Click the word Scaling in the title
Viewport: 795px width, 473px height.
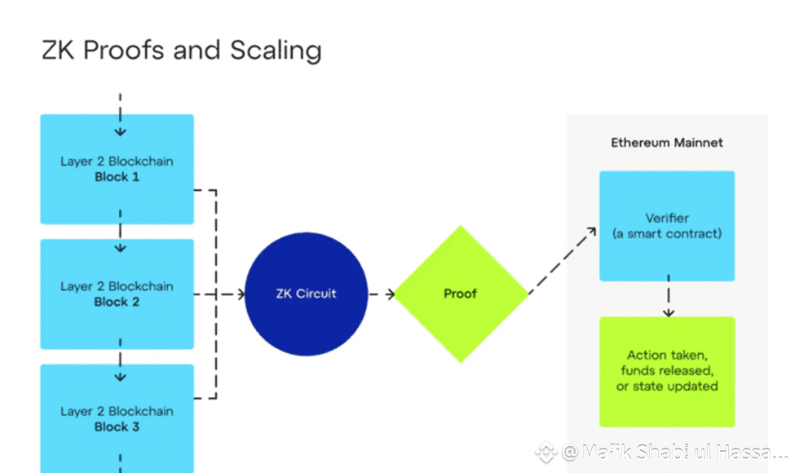(x=276, y=51)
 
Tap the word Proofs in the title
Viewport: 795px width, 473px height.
(x=124, y=51)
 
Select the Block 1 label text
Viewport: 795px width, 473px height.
(x=117, y=177)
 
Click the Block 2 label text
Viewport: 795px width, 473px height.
(x=117, y=303)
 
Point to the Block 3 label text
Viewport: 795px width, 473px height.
(x=117, y=427)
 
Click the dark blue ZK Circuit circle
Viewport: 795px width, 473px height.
(x=307, y=294)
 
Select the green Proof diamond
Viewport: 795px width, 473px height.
(x=461, y=294)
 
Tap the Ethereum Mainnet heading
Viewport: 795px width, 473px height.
(x=667, y=143)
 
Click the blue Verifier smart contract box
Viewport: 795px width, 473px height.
(x=667, y=226)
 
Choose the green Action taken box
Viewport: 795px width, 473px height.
(x=667, y=372)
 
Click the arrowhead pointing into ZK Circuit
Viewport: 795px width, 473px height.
(x=241, y=294)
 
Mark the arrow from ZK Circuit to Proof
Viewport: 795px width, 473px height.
(x=382, y=294)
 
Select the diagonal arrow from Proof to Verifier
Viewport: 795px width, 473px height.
(x=563, y=260)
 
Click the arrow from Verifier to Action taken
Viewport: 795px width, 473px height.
(x=669, y=296)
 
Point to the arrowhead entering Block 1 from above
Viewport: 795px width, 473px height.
(x=120, y=132)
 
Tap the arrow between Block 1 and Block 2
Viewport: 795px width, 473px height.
(x=120, y=231)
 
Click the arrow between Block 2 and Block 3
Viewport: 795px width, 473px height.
(x=120, y=360)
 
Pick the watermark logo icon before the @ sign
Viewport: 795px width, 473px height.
(x=546, y=452)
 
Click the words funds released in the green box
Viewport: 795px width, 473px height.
(x=667, y=370)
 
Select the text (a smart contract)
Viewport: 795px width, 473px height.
(x=667, y=234)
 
